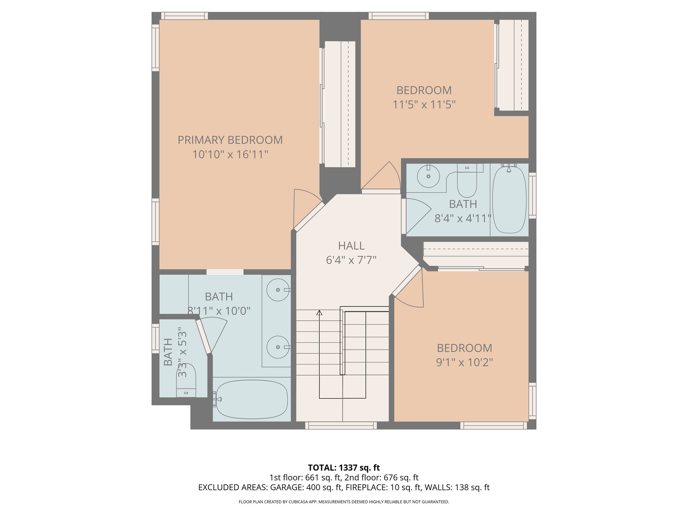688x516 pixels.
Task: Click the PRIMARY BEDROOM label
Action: (230, 140)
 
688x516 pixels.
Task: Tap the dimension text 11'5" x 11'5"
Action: (424, 105)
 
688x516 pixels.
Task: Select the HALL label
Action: (351, 246)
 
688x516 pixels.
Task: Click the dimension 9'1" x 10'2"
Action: (464, 362)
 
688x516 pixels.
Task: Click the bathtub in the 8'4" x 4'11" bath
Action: (509, 200)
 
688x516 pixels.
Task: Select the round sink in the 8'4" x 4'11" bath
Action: (428, 176)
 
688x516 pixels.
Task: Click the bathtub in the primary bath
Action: (252, 399)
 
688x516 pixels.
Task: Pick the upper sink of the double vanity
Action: (278, 290)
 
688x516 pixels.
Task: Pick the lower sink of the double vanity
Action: (278, 347)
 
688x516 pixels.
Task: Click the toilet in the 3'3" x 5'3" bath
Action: (186, 380)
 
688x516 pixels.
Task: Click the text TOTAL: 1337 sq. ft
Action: (344, 468)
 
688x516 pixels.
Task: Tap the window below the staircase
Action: (341, 426)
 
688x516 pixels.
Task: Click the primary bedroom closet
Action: (340, 104)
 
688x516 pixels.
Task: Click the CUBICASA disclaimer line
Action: (344, 502)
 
